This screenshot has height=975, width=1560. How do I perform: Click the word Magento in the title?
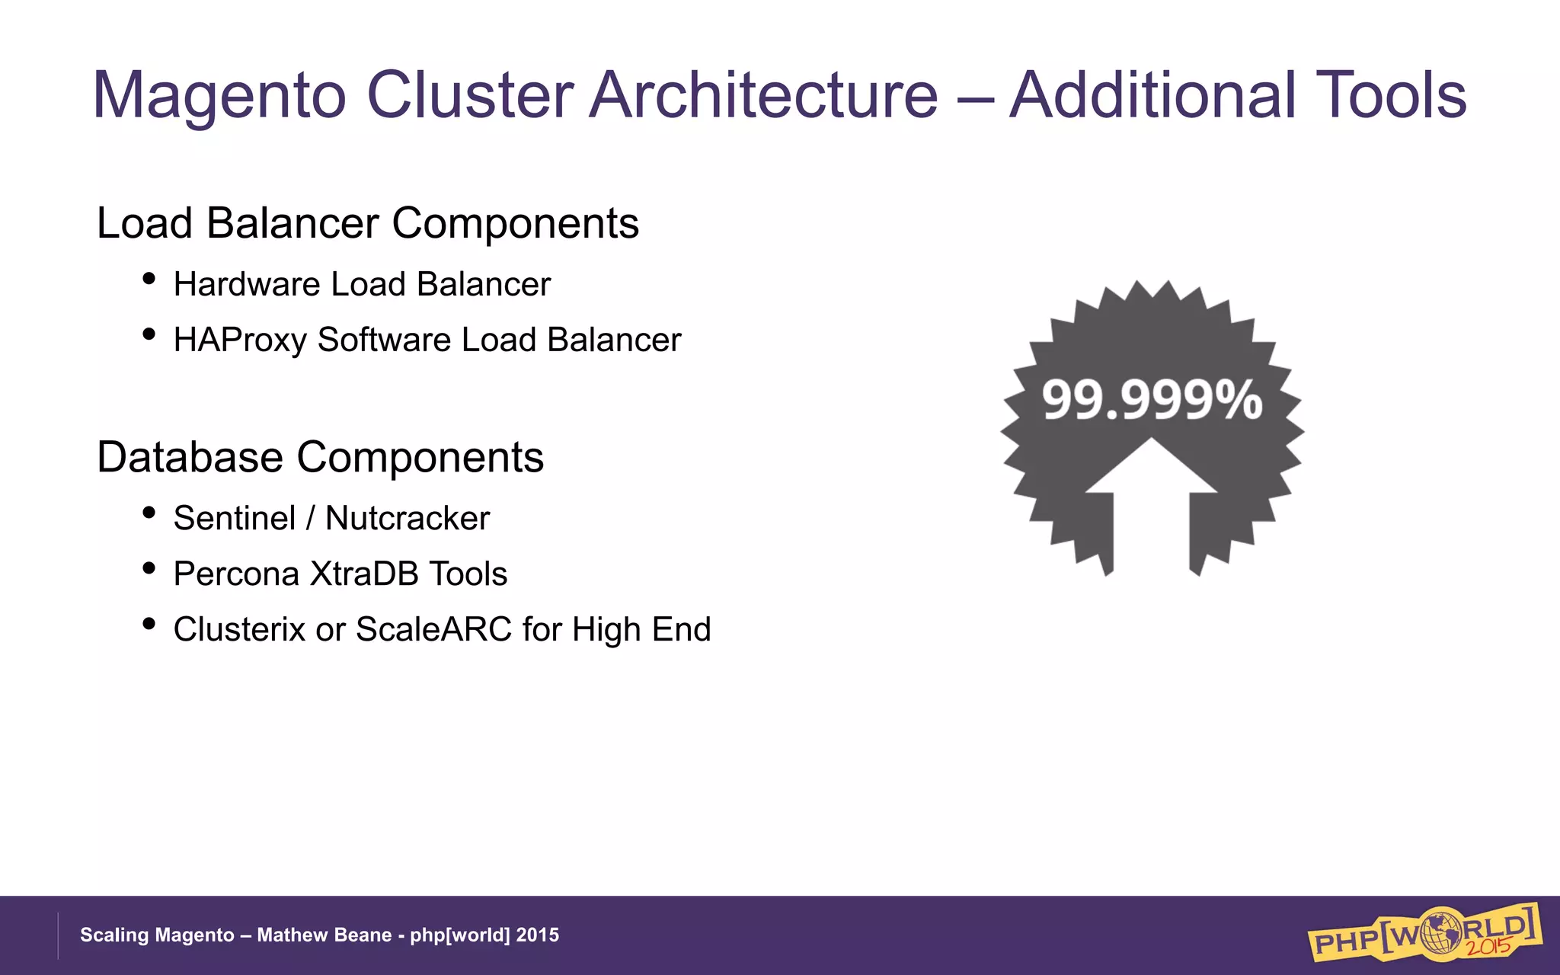click(219, 97)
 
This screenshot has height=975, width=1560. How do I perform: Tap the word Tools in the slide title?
click(1390, 95)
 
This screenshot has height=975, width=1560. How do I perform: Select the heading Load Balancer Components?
click(367, 223)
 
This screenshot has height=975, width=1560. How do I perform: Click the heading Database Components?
click(320, 457)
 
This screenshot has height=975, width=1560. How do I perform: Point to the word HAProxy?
click(239, 340)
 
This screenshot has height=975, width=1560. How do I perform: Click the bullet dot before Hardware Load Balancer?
click(149, 279)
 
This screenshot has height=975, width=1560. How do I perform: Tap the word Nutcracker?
click(407, 518)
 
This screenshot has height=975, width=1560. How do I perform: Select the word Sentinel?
click(234, 518)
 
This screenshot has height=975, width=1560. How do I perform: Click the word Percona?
click(236, 574)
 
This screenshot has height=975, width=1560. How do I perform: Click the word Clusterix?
click(238, 629)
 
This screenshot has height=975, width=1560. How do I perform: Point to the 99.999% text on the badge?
click(1151, 400)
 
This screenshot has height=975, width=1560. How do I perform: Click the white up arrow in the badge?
click(1151, 487)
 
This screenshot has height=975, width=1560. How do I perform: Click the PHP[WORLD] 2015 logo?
click(1424, 932)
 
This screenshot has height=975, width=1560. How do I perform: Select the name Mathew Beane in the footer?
click(324, 935)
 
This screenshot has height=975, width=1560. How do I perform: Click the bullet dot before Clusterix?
click(149, 624)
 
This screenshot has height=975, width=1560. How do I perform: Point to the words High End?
click(641, 629)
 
